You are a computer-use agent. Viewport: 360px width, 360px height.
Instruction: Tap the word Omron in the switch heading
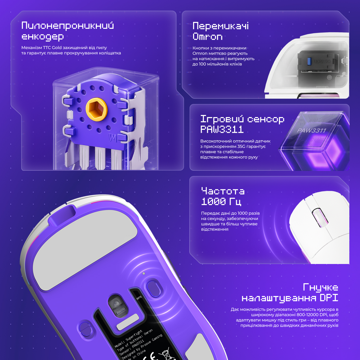(x=207, y=37)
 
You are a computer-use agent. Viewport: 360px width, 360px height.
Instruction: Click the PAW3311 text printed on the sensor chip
(x=311, y=130)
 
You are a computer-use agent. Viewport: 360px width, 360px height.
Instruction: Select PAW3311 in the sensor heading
(x=222, y=129)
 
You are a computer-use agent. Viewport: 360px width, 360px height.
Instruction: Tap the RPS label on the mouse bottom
(x=139, y=298)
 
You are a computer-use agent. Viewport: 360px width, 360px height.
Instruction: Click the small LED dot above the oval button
(x=144, y=274)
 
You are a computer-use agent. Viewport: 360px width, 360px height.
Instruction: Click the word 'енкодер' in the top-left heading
(x=43, y=37)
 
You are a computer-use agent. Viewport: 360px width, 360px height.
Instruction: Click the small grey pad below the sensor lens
(x=128, y=322)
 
